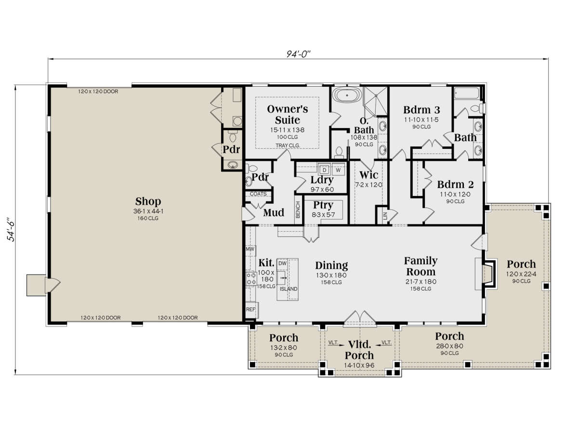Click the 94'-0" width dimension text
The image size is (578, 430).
(298, 54)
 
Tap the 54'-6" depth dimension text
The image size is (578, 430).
(11, 229)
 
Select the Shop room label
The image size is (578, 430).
(148, 201)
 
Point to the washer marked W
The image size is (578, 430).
(338, 170)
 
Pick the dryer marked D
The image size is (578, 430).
(324, 170)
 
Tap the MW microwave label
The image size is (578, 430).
(250, 249)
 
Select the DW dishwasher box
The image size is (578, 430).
(282, 263)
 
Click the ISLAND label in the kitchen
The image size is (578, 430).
(288, 289)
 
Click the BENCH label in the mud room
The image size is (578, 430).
(298, 210)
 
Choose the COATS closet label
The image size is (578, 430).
(258, 194)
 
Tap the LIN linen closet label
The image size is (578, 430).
(385, 215)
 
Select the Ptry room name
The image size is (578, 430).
(323, 205)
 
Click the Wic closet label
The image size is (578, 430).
(369, 175)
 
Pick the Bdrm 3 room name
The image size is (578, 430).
(421, 110)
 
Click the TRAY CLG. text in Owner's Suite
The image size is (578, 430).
(288, 145)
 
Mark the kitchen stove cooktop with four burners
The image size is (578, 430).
(251, 278)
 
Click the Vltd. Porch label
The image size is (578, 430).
(359, 350)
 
